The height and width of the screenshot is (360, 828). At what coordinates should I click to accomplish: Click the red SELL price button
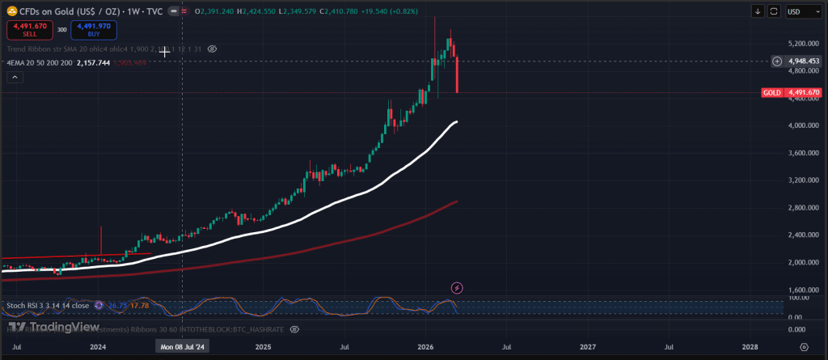29,30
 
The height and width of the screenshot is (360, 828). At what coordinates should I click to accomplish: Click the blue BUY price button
93,30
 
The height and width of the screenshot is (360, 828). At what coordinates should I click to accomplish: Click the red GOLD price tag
792,93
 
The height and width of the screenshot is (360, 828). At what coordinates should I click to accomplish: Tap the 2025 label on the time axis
262,346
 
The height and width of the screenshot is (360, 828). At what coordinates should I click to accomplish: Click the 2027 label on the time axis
588,346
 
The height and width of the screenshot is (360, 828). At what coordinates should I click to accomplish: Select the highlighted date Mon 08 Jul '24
183,346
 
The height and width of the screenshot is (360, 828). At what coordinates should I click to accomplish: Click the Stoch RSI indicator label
48,306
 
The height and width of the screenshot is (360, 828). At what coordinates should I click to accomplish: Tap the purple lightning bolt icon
457,287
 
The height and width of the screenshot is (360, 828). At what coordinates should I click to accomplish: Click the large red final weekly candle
457,74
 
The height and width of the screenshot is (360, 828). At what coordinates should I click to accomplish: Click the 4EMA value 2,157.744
92,62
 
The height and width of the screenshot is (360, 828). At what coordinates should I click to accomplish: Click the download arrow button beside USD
758,11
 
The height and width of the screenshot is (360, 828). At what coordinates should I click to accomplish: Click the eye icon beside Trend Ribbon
212,49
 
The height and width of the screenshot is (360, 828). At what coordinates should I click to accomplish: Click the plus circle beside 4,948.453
776,61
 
